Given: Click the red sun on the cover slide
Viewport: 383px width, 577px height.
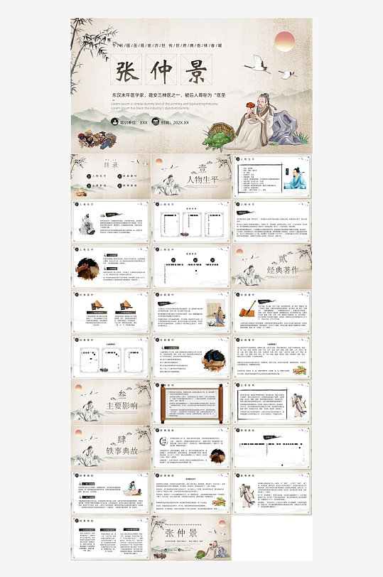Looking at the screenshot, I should point(285,40).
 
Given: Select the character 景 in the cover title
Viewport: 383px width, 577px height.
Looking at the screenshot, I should point(198,72).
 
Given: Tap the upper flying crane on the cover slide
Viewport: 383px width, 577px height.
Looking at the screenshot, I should point(257,65).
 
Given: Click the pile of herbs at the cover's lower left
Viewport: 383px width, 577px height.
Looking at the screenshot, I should point(99,134).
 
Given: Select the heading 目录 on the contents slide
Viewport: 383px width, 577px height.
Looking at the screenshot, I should point(110,164).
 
